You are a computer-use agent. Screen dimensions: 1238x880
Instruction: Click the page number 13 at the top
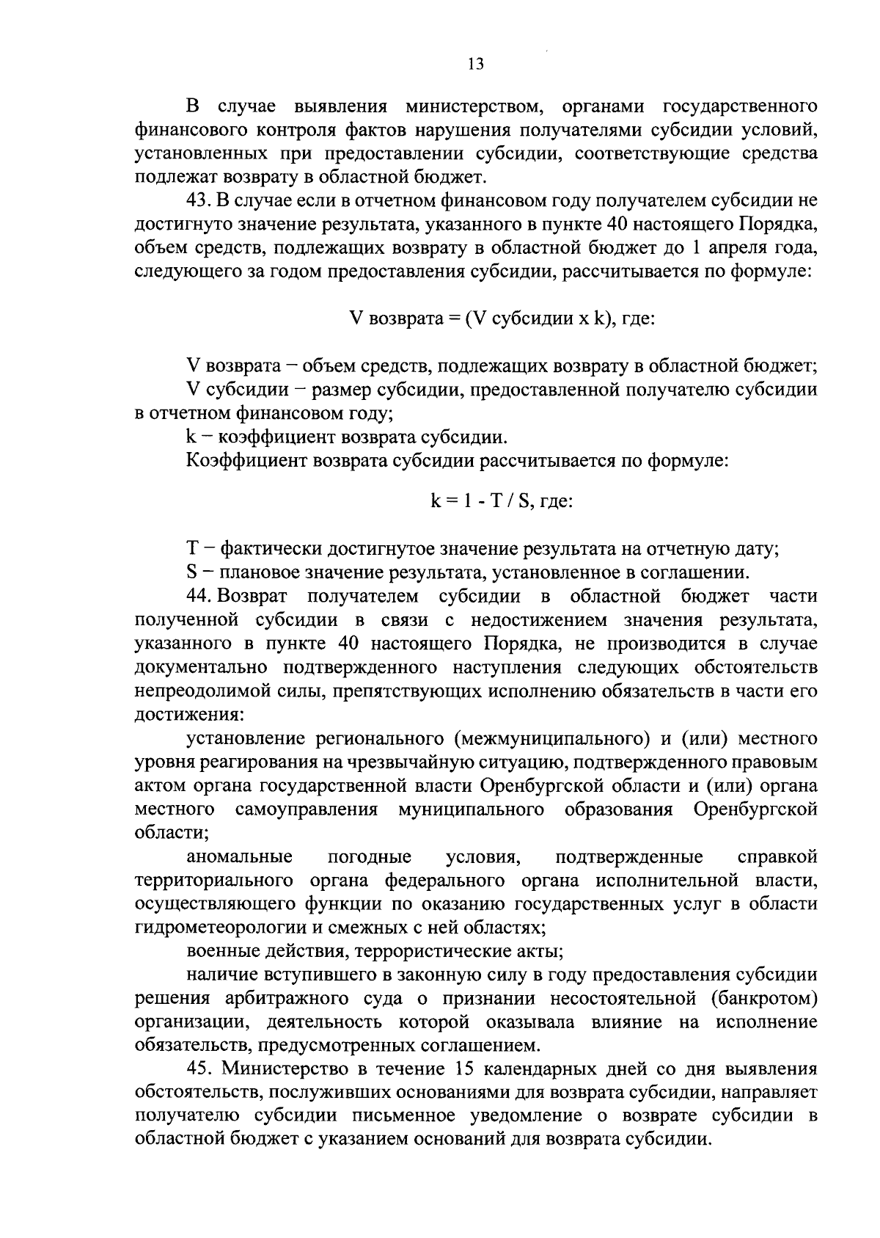475,64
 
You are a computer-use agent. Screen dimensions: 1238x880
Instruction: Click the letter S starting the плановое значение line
192,572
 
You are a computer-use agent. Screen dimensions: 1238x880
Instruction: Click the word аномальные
240,857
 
